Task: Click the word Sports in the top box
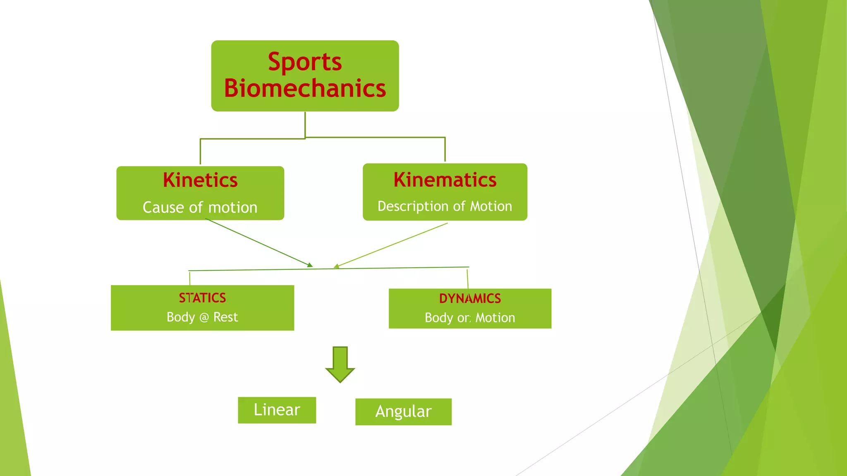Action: [305, 62]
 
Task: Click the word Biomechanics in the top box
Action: [305, 88]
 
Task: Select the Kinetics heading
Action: [200, 180]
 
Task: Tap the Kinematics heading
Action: [445, 180]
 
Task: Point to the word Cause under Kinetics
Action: [163, 207]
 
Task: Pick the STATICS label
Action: [202, 298]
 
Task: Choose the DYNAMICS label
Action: [470, 298]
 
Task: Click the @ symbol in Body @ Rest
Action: [204, 317]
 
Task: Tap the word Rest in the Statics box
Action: [225, 317]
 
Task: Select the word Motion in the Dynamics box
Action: [495, 318]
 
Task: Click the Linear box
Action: [277, 410]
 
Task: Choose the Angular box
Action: [403, 412]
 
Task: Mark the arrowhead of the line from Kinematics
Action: [336, 266]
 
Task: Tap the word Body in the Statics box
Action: [181, 317]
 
